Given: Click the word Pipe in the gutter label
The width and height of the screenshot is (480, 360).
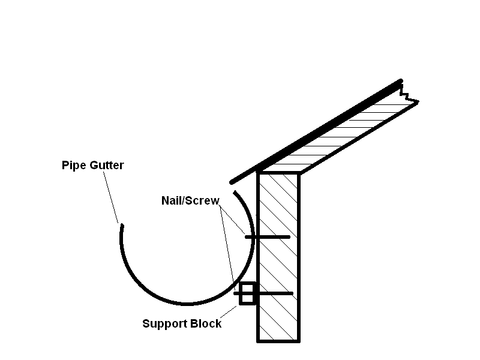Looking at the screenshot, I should (74, 165).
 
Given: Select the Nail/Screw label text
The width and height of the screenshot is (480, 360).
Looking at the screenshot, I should (190, 200).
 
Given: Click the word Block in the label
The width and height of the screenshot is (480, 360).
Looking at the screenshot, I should (206, 324).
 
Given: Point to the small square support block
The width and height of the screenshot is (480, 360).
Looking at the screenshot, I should (247, 293).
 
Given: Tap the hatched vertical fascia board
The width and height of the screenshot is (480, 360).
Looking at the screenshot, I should (278, 258).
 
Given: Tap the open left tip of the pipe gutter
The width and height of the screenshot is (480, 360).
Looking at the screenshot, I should (122, 226).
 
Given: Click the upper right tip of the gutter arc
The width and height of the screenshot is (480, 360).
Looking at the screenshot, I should (235, 193).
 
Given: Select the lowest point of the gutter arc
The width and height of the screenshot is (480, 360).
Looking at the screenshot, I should (187, 304).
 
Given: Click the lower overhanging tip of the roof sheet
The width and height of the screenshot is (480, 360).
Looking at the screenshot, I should (231, 182).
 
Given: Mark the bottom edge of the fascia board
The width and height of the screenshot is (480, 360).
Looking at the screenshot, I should (278, 341).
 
